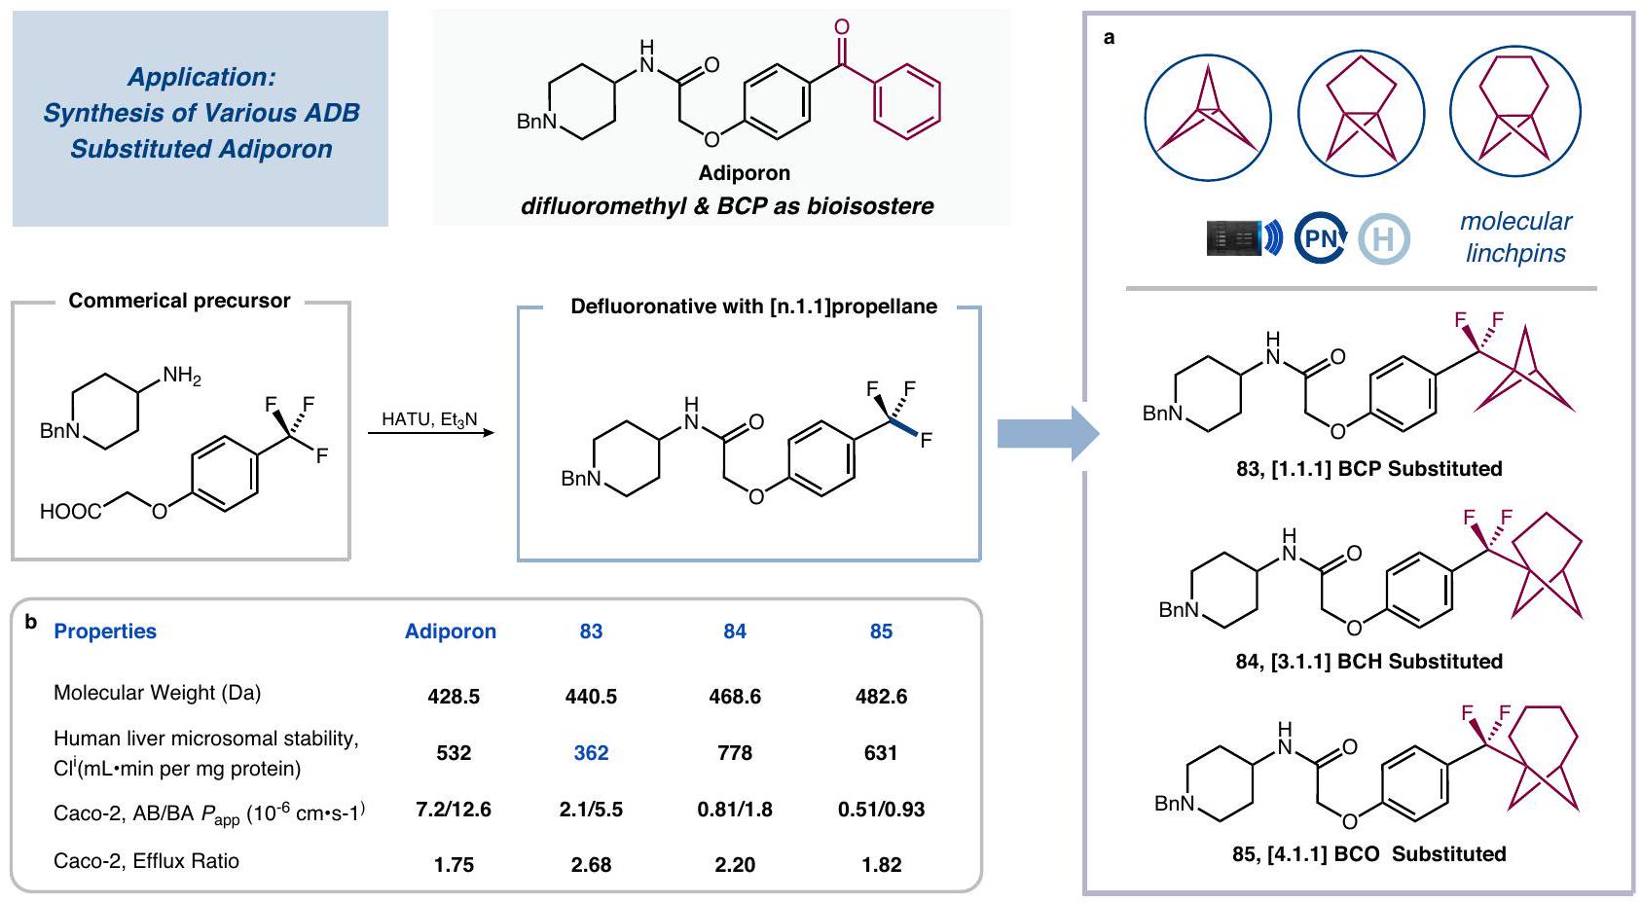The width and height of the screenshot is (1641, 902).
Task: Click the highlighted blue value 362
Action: pyautogui.click(x=591, y=753)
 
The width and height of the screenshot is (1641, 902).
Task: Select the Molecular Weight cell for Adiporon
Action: pyautogui.click(x=454, y=697)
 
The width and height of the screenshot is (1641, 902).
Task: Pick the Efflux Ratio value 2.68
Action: pyautogui.click(x=591, y=865)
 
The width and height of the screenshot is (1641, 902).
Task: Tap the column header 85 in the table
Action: pyautogui.click(x=881, y=631)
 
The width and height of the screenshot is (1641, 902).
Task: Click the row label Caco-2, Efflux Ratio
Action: pyautogui.click(x=146, y=861)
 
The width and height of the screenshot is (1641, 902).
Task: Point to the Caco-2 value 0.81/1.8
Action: pyautogui.click(x=735, y=810)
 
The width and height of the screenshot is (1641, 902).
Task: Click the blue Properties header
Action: pyautogui.click(x=105, y=631)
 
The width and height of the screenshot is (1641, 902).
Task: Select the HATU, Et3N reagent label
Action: pyautogui.click(x=429, y=419)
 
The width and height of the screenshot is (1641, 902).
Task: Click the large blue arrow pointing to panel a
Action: pyautogui.click(x=1047, y=433)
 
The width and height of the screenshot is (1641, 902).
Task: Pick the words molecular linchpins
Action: pyautogui.click(x=1515, y=237)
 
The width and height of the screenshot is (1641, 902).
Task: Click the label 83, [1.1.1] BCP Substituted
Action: pyautogui.click(x=1368, y=469)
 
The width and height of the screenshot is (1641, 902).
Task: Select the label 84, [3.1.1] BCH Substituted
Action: pyautogui.click(x=1368, y=662)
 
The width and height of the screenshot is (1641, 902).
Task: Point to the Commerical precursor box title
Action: pyautogui.click(x=179, y=301)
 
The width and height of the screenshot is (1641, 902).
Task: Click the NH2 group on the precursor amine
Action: pyautogui.click(x=181, y=376)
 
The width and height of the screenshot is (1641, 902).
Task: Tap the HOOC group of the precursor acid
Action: pyautogui.click(x=70, y=511)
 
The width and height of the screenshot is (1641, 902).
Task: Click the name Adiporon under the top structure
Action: pyautogui.click(x=745, y=173)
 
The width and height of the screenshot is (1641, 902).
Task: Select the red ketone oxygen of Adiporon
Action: pyautogui.click(x=842, y=27)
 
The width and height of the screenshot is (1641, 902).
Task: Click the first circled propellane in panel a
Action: pyautogui.click(x=1208, y=118)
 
